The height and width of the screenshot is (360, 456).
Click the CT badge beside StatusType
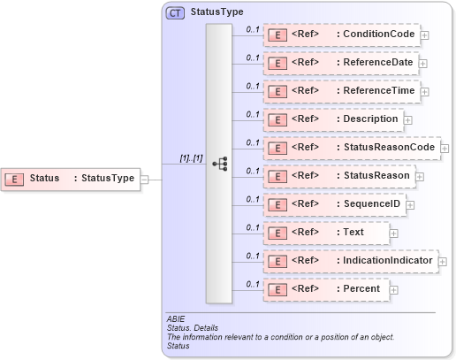tap(175, 13)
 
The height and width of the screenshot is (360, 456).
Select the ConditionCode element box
tap(341, 34)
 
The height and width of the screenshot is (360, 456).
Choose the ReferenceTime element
tap(341, 91)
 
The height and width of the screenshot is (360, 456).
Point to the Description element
tap(333, 119)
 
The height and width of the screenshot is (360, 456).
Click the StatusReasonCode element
tap(352, 148)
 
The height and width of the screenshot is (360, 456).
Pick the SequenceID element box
tap(335, 204)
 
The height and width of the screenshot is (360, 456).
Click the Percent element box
tap(326, 289)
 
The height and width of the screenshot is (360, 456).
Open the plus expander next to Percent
tap(394, 289)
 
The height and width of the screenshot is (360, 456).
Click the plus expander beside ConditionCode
tap(425, 35)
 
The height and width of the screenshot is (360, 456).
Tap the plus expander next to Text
tap(394, 233)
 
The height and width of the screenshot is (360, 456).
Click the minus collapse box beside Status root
tap(145, 179)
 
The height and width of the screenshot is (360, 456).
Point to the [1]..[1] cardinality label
tap(191, 158)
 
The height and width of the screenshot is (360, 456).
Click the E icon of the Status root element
tap(15, 179)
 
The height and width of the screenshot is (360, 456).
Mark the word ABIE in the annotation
tap(176, 319)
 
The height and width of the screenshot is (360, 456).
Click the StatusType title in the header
tap(216, 13)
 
